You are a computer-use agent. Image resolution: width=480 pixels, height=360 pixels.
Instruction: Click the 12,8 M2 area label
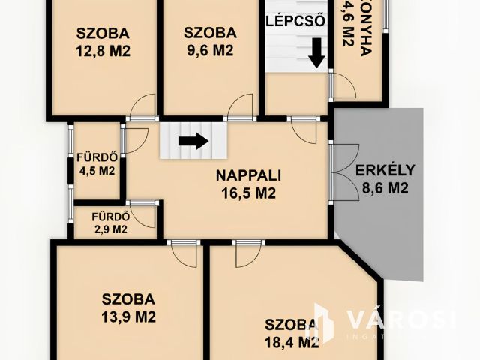coord(103,51)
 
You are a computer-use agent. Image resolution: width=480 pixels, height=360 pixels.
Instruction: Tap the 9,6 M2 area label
coord(210,51)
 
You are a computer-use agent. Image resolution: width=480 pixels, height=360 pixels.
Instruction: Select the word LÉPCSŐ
coord(295,20)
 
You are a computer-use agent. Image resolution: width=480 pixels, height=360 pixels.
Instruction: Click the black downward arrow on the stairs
coord(317,52)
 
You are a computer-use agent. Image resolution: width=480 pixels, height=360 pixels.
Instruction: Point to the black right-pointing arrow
coord(193,140)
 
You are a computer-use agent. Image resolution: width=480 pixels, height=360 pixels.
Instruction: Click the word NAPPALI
coord(248,176)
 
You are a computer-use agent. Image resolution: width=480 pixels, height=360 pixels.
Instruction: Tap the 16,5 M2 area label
coord(248,193)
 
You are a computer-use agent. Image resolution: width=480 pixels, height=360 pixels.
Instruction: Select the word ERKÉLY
coord(384,169)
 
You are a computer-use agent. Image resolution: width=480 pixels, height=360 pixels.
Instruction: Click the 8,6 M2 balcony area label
coord(384,188)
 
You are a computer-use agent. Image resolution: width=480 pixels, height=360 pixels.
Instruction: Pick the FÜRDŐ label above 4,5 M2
coord(96,157)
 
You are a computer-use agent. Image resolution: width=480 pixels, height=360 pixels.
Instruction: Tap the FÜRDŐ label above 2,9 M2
coord(110,218)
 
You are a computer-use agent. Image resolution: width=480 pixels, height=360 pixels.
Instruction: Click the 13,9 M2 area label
coord(128,316)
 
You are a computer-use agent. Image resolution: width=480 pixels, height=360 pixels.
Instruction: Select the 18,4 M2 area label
coord(292,342)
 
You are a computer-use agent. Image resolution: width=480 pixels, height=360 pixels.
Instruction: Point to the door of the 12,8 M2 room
coord(142,108)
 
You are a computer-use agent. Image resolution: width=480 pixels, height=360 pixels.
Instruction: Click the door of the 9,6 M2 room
coord(241,108)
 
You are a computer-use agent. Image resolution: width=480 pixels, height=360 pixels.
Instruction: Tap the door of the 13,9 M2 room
coord(182,253)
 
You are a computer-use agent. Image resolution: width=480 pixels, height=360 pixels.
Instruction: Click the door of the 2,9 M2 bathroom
coord(142,213)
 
